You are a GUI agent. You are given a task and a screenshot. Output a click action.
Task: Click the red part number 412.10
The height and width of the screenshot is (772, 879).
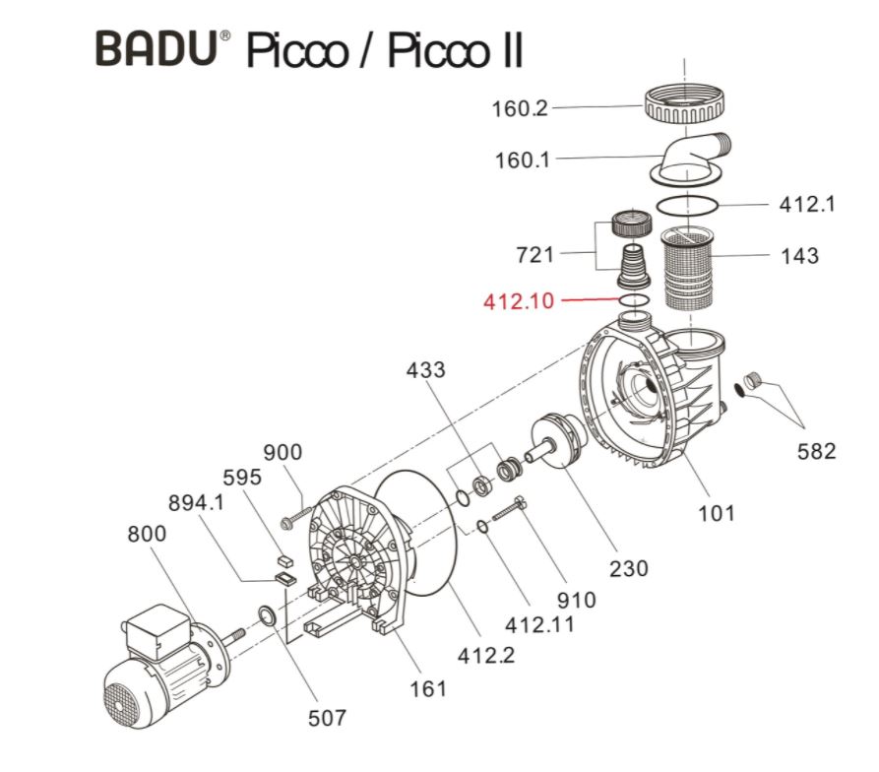coord(518,301)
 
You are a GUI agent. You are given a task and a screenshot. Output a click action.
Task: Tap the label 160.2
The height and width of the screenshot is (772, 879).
coord(519,108)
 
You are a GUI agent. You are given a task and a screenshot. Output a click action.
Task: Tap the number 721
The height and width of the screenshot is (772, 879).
coord(534,254)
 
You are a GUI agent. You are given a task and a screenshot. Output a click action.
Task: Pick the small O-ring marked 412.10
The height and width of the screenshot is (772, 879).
coord(635,300)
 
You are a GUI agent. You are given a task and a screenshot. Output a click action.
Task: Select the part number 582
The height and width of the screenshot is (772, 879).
coord(816,451)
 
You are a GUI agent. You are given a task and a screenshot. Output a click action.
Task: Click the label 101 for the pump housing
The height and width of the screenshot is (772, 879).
coord(716,512)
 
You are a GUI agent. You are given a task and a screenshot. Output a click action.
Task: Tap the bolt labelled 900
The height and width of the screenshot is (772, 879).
coord(295,518)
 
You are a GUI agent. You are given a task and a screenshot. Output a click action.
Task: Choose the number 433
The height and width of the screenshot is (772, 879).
coord(425,369)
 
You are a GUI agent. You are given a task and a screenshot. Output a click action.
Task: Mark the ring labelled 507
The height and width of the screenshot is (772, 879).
coord(267,616)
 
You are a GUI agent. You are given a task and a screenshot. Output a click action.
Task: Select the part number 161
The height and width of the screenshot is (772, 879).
coord(428,688)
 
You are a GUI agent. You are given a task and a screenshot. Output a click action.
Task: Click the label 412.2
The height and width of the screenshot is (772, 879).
coord(485,655)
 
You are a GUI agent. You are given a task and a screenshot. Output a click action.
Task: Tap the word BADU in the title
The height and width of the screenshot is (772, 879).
coord(157,48)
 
